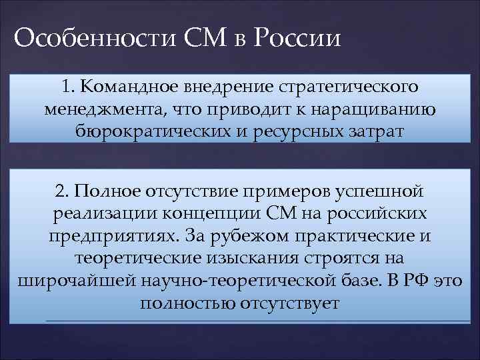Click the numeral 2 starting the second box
pos(62,192)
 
